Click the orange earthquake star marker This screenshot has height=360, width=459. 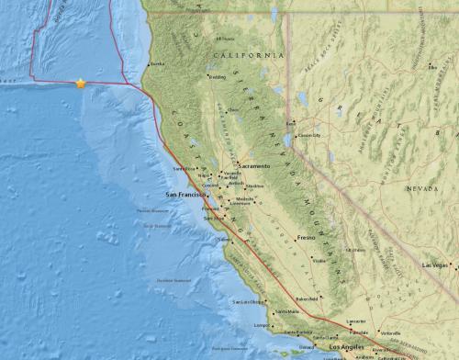click(81, 83)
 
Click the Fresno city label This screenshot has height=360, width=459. click(307, 238)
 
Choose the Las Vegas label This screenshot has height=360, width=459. click(435, 264)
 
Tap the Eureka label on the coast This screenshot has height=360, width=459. click(157, 63)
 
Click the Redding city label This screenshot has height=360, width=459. click(218, 77)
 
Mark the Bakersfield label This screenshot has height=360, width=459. click(307, 298)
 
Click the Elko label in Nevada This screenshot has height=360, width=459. click(431, 65)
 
